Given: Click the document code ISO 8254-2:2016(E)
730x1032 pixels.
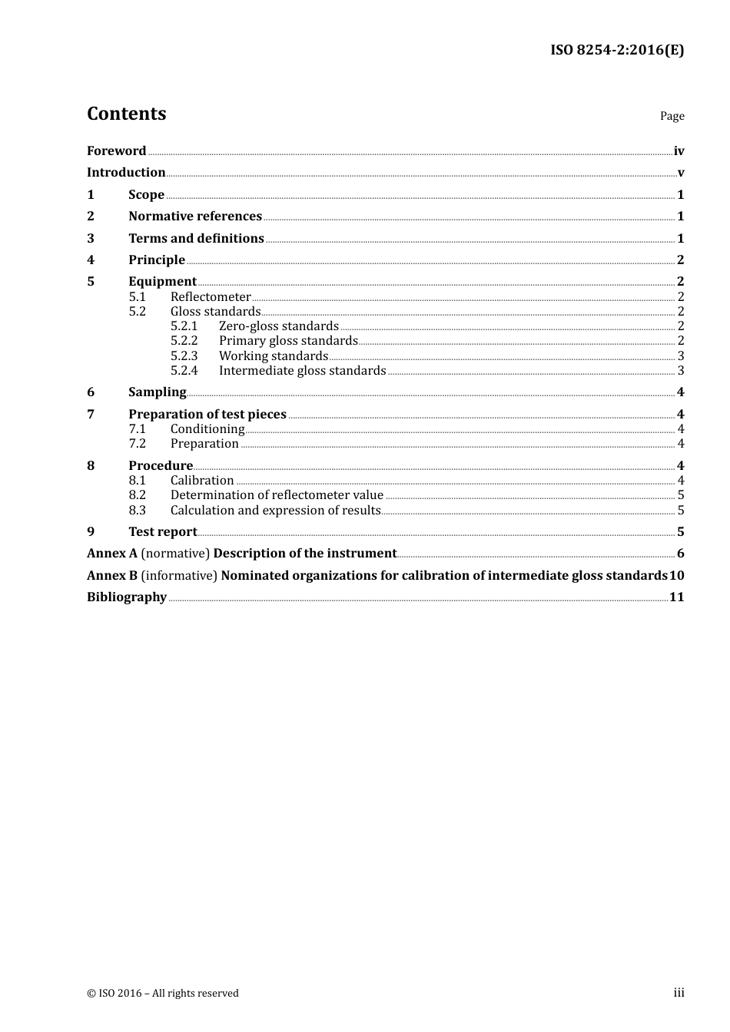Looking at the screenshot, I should click(x=616, y=50).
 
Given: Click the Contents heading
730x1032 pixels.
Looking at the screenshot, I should click(x=126, y=114).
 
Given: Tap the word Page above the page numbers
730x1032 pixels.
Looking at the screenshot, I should click(x=672, y=116).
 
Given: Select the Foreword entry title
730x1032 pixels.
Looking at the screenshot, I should click(x=116, y=150).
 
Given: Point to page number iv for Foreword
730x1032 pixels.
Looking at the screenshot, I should click(x=679, y=150).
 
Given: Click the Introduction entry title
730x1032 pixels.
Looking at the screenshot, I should click(x=126, y=172).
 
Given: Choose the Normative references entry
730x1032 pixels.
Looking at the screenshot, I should click(x=195, y=216).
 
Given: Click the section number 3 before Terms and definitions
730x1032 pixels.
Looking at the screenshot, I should click(x=91, y=238).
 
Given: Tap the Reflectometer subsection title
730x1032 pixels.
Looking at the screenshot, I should click(x=211, y=296).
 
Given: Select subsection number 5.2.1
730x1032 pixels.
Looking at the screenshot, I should click(x=184, y=326).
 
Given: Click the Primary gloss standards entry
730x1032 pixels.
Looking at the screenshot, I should click(x=288, y=340).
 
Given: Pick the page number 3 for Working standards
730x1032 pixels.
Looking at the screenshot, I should click(x=681, y=356).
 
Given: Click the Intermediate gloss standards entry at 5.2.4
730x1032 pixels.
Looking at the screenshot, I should click(x=302, y=370).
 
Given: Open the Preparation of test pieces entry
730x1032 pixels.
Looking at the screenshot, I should click(x=207, y=414).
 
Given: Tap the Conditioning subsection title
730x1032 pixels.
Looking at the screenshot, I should click(x=207, y=428).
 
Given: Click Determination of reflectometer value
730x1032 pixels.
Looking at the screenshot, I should click(x=277, y=495).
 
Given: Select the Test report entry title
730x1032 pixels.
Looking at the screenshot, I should click(x=163, y=531).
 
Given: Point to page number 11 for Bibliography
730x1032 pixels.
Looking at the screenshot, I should click(x=676, y=597).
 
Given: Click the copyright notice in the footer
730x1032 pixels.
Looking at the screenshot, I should click(x=163, y=993).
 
